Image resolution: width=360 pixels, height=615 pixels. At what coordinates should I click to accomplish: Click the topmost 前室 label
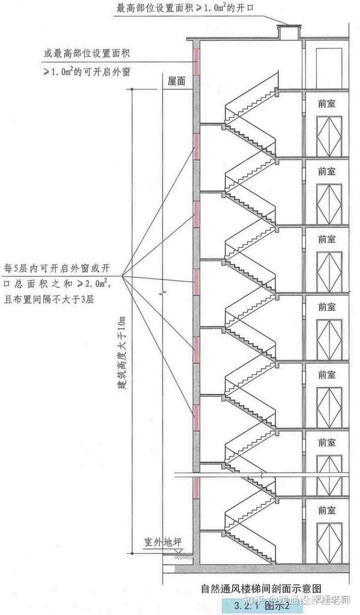[327, 103]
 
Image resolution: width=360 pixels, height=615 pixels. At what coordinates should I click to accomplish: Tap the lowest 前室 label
[327, 511]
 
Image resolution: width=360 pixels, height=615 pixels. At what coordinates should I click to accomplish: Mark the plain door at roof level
[328, 63]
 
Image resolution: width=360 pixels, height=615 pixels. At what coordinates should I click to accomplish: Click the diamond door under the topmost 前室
[328, 135]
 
